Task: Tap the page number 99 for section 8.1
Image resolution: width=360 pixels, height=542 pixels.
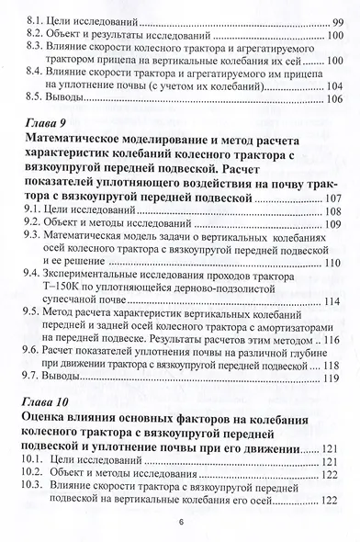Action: (x=332, y=17)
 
